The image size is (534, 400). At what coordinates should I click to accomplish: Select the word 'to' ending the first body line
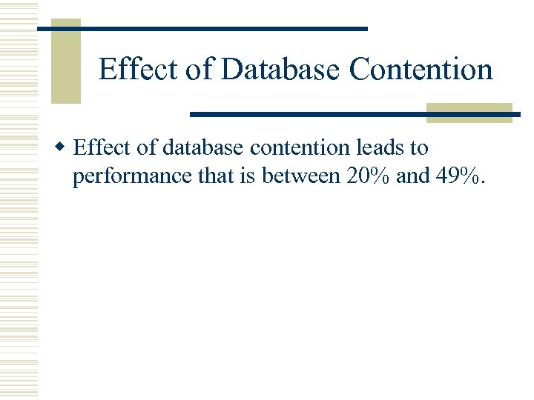[x=419, y=148]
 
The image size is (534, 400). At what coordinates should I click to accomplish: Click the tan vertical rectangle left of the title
[x=65, y=61]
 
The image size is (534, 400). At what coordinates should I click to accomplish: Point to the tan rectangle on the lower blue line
[x=469, y=113]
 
